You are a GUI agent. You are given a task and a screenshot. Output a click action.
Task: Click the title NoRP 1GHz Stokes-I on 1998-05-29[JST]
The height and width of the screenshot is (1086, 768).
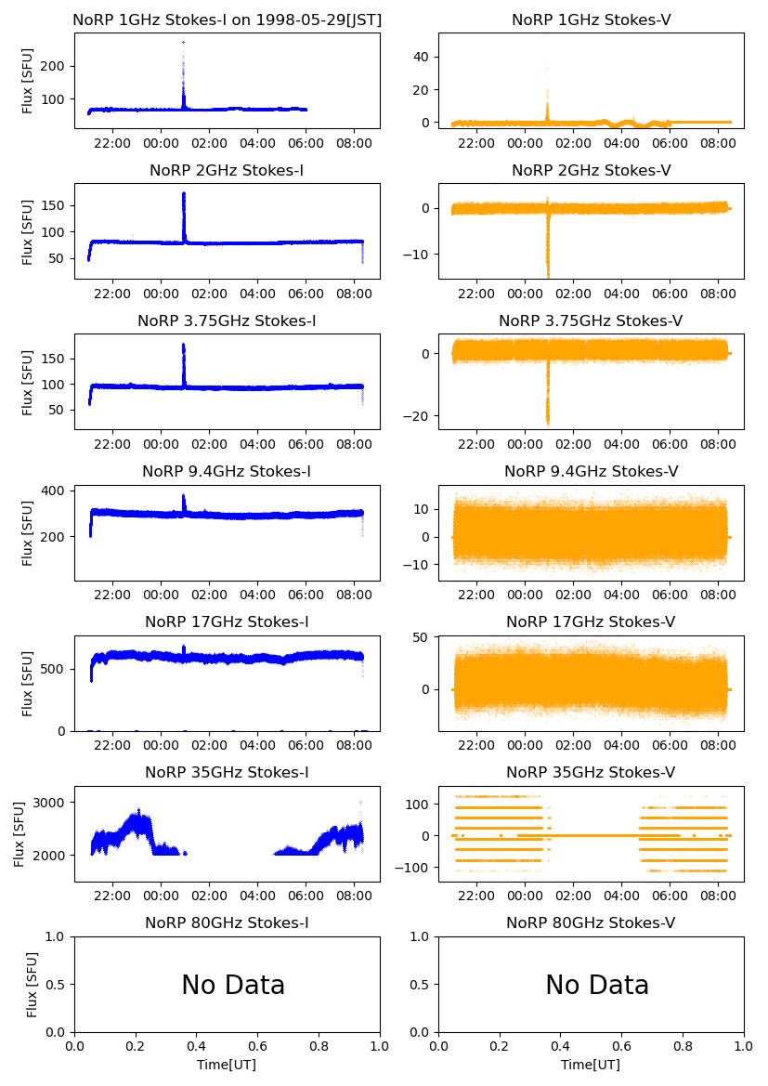[x=227, y=20]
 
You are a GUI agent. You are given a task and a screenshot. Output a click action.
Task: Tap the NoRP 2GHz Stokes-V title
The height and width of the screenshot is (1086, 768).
[x=591, y=171]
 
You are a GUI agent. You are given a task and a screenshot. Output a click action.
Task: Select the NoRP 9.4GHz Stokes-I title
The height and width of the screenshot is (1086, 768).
[x=227, y=472]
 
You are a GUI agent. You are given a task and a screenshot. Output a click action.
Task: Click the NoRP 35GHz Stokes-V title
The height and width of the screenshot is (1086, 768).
[x=591, y=773]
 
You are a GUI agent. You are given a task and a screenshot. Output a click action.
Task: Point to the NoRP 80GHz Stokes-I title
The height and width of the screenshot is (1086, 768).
[x=227, y=923]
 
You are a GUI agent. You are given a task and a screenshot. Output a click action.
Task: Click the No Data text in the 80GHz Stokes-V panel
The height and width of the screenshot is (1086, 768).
[x=596, y=986]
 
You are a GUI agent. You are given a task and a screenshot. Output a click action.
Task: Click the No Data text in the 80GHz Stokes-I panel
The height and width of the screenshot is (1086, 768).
[x=232, y=986]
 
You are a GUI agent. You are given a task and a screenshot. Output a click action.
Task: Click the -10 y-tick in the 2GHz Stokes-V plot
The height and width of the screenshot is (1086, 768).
[x=418, y=255]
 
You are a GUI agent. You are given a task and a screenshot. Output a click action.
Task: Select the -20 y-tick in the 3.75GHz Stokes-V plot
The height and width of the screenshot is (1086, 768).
[x=418, y=415]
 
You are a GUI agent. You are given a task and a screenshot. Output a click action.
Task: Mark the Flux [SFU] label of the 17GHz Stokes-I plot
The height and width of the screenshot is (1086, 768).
[x=28, y=683]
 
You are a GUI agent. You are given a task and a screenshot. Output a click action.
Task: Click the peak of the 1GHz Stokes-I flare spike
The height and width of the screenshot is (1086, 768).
[x=183, y=43]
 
